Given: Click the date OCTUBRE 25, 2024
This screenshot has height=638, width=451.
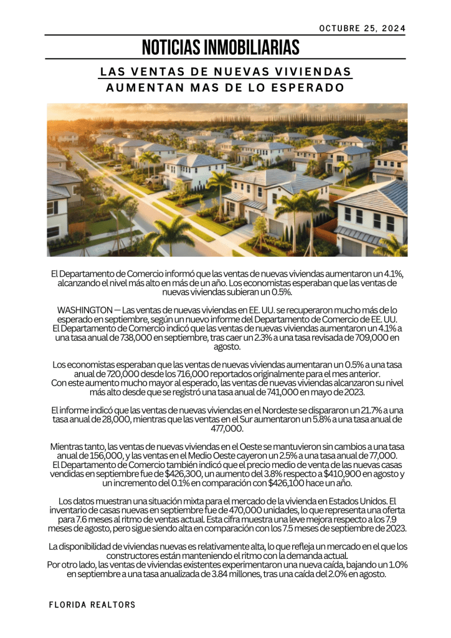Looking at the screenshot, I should pos(362,28).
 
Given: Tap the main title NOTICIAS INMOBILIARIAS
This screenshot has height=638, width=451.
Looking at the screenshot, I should pos(221,47).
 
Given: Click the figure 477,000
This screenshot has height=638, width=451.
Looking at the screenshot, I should pos(227,428).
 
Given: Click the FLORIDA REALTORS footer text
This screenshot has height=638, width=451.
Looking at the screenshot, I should pos(92,605).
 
